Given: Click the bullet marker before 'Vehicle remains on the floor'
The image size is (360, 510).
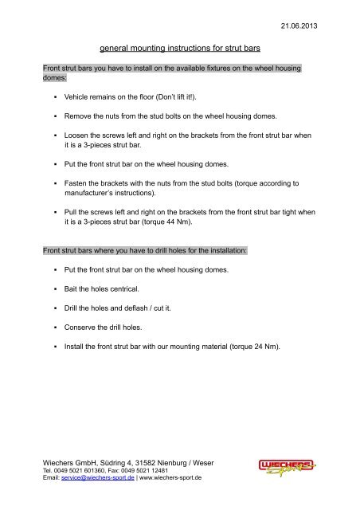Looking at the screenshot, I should [x=54, y=96].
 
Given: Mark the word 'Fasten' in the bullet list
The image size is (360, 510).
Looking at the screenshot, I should [x=79, y=182].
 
